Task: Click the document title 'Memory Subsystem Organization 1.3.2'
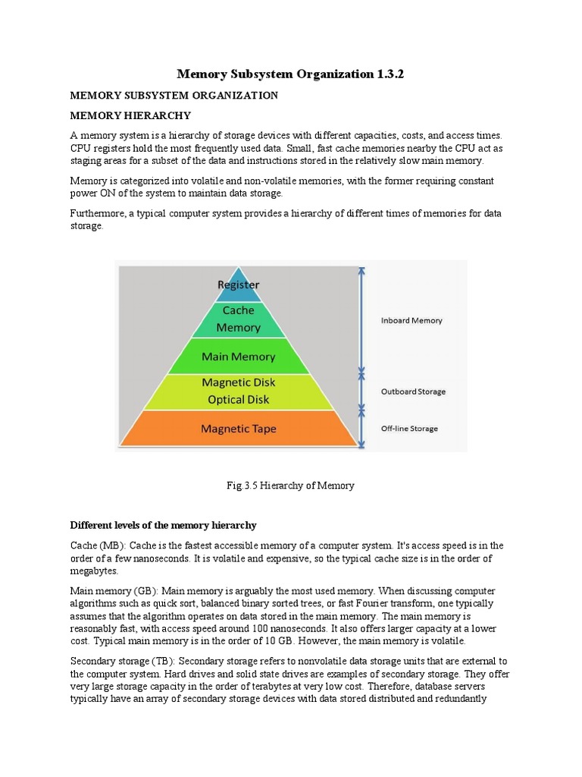pyautogui.click(x=290, y=74)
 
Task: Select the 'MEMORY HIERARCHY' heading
pyautogui.click(x=130, y=115)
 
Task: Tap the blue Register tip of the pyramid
pyautogui.click(x=239, y=285)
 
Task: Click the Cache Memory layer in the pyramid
pyautogui.click(x=239, y=319)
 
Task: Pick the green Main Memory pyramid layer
pyautogui.click(x=239, y=357)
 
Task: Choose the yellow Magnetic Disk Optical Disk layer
pyautogui.click(x=239, y=392)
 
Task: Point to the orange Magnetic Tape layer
pyautogui.click(x=239, y=429)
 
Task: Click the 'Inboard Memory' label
pyautogui.click(x=411, y=320)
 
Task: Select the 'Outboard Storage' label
pyautogui.click(x=413, y=392)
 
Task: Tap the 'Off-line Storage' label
pyautogui.click(x=409, y=429)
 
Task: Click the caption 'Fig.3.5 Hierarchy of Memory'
pyautogui.click(x=291, y=486)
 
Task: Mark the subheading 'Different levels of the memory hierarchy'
pyautogui.click(x=164, y=525)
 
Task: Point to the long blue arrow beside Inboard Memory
pyautogui.click(x=362, y=319)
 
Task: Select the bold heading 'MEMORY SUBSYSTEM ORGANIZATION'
pyautogui.click(x=174, y=96)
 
